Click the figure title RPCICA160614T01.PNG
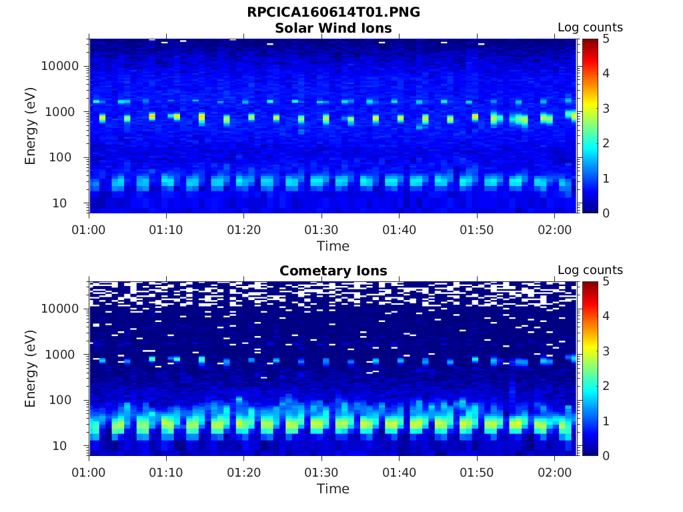[x=333, y=13]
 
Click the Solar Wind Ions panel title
[x=333, y=28]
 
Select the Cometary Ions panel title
[x=333, y=271]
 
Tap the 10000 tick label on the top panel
[x=61, y=66]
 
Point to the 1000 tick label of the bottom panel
[x=64, y=355]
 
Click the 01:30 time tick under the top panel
[x=321, y=229]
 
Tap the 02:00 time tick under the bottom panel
[x=554, y=472]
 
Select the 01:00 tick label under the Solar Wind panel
[x=89, y=229]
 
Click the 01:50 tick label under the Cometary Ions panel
[x=476, y=472]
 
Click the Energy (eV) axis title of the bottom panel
[x=31, y=368]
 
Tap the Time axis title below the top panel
[x=333, y=246]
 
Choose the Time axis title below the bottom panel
[x=333, y=489]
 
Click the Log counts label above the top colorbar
[x=590, y=28]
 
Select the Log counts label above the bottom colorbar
[x=590, y=271]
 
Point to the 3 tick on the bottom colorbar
[x=607, y=351]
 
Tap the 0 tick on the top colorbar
[x=607, y=213]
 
